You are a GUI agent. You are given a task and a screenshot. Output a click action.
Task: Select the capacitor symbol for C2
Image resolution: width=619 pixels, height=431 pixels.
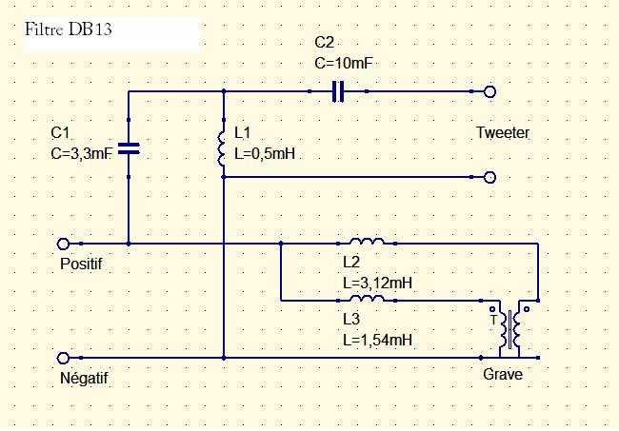(337, 91)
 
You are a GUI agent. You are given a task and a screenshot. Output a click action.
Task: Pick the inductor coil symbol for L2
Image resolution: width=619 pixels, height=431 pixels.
(367, 243)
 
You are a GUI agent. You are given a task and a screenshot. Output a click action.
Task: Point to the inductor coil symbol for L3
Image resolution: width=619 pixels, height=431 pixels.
(367, 299)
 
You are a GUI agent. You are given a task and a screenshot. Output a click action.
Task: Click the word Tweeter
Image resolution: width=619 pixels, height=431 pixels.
(502, 133)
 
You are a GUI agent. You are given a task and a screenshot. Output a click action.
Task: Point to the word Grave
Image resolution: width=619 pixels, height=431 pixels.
(502, 375)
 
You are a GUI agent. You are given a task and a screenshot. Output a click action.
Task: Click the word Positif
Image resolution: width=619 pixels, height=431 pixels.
(80, 264)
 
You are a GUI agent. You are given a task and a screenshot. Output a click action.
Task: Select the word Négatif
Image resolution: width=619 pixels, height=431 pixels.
(84, 379)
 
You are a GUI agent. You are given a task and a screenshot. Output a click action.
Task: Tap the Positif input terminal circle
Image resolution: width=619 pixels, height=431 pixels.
(64, 244)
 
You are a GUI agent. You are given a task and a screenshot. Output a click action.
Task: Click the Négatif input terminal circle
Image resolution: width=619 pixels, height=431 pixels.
(64, 358)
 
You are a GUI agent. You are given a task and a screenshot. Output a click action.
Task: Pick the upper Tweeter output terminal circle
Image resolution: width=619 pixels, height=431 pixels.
(490, 91)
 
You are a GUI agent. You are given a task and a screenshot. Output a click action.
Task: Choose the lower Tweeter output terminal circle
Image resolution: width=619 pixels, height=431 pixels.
(490, 177)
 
